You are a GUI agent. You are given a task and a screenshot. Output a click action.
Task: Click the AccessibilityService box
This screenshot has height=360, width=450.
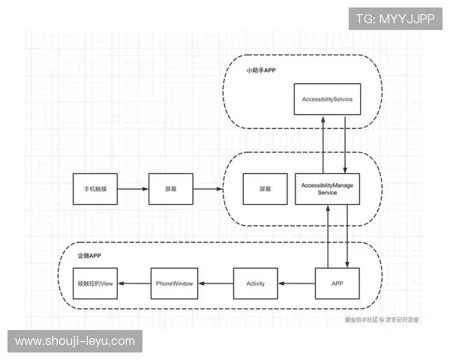tap(327, 99)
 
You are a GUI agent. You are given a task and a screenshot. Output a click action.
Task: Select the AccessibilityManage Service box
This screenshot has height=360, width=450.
tap(327, 188)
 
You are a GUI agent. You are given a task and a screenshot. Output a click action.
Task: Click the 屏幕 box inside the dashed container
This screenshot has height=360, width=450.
tap(265, 189)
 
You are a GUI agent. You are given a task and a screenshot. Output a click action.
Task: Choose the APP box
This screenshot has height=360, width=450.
tap(337, 283)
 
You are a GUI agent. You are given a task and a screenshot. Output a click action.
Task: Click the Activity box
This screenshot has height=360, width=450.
tap(256, 283)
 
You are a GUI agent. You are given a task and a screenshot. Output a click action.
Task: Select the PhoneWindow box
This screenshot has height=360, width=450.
tap(174, 283)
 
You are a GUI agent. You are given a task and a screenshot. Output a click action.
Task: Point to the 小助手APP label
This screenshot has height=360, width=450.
tap(262, 71)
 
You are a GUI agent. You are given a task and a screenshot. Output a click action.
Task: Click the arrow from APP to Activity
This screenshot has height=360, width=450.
tap(296, 283)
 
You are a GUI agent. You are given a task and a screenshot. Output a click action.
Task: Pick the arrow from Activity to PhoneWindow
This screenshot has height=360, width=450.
tap(216, 283)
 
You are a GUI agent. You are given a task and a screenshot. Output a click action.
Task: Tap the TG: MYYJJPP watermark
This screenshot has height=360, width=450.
tap(394, 18)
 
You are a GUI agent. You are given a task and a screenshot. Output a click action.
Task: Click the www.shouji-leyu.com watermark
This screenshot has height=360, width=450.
tap(75, 341)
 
